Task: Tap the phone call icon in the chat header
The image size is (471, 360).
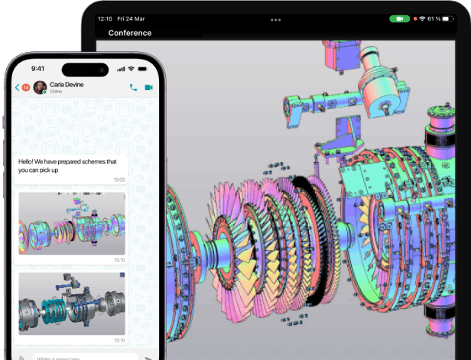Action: pos(134,88)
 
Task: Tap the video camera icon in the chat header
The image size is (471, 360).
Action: pos(149,88)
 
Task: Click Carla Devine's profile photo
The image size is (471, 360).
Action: pos(40,88)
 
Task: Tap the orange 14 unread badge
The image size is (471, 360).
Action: pos(25,88)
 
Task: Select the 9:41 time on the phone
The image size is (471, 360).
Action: pos(37,69)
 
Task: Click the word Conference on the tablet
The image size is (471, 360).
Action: pos(130,33)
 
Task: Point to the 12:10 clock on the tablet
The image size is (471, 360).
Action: pos(106,18)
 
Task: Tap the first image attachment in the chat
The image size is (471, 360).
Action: pos(72,223)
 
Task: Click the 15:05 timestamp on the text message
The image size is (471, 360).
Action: pos(119,180)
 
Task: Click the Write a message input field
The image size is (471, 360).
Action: pos(76,357)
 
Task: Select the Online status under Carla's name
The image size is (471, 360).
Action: pos(56,92)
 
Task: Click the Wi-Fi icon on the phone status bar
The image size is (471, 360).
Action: pos(132,69)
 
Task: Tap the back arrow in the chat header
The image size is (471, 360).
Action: pos(18,88)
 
